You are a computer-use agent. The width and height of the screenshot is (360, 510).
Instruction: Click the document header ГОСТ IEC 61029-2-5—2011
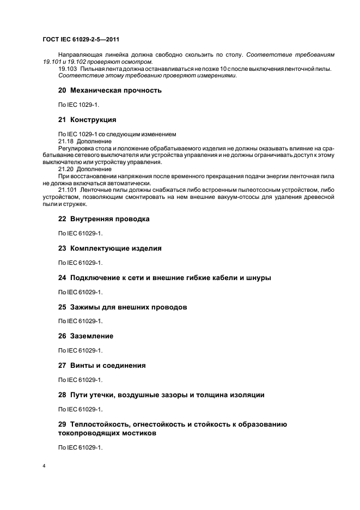pos(81,39)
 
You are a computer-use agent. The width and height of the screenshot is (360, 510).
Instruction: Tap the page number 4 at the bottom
pos(44,466)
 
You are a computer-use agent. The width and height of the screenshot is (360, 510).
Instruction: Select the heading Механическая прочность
pos(116,90)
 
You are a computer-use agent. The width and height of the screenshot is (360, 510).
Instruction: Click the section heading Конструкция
pos(93,119)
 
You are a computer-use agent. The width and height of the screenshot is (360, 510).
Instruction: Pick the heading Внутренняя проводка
pos(110,219)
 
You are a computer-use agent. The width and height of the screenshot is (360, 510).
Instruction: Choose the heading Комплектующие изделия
pos(116,248)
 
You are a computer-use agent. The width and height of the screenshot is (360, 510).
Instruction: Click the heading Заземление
pos(92,336)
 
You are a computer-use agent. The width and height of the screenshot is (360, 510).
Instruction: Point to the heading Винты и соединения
pos(108,366)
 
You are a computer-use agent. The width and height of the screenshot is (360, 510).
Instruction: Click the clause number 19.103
pos(68,69)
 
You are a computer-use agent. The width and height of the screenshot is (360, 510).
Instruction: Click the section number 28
pos(62,395)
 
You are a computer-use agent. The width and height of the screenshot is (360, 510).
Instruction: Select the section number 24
pos(62,278)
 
